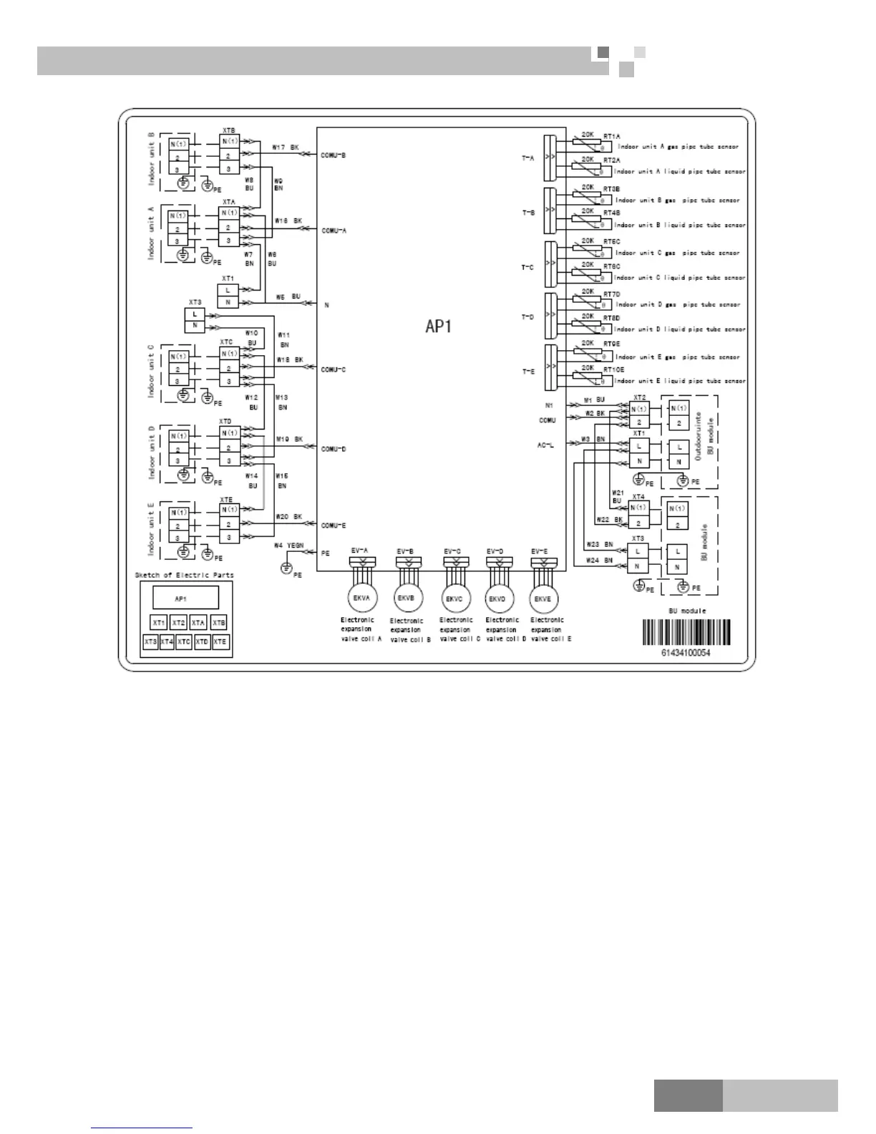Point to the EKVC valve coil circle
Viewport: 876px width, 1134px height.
pos(454,598)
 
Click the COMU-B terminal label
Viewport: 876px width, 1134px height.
pos(334,155)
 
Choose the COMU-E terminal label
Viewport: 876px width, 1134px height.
pos(334,525)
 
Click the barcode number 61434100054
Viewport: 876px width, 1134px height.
pos(686,653)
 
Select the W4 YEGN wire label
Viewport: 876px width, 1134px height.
pos(289,546)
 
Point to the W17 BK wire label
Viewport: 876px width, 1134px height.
pos(286,147)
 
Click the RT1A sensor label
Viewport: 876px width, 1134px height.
pos(612,136)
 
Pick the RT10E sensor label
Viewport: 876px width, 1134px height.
pos(613,369)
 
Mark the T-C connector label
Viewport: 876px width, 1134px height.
pos(527,268)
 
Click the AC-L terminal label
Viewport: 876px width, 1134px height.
pos(545,445)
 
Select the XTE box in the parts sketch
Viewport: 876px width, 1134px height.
pos(220,642)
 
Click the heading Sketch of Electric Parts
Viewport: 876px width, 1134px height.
pos(184,575)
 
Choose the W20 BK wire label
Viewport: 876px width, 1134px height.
pos(289,516)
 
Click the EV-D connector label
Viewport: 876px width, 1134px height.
pos(495,551)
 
